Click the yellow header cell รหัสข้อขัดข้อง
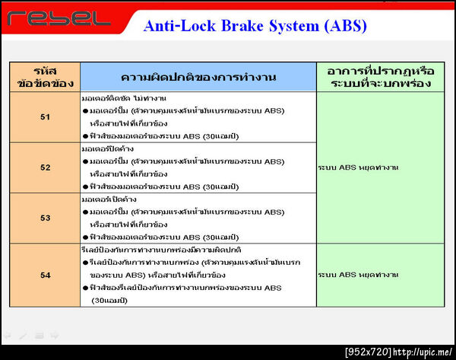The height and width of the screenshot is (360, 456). tap(45, 77)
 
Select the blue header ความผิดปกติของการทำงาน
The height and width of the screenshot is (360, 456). tap(198, 77)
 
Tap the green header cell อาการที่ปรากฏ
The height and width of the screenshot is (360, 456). tap(380, 77)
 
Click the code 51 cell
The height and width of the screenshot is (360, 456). tap(45, 117)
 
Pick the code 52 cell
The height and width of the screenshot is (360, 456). tap(45, 167)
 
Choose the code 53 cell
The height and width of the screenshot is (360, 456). tap(45, 218)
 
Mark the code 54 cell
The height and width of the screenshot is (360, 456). tap(45, 275)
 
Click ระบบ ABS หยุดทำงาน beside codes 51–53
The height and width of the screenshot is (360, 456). tap(358, 167)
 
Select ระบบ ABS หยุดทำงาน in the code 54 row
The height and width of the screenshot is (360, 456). tap(358, 275)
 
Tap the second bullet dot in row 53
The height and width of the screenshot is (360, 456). tap(85, 237)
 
